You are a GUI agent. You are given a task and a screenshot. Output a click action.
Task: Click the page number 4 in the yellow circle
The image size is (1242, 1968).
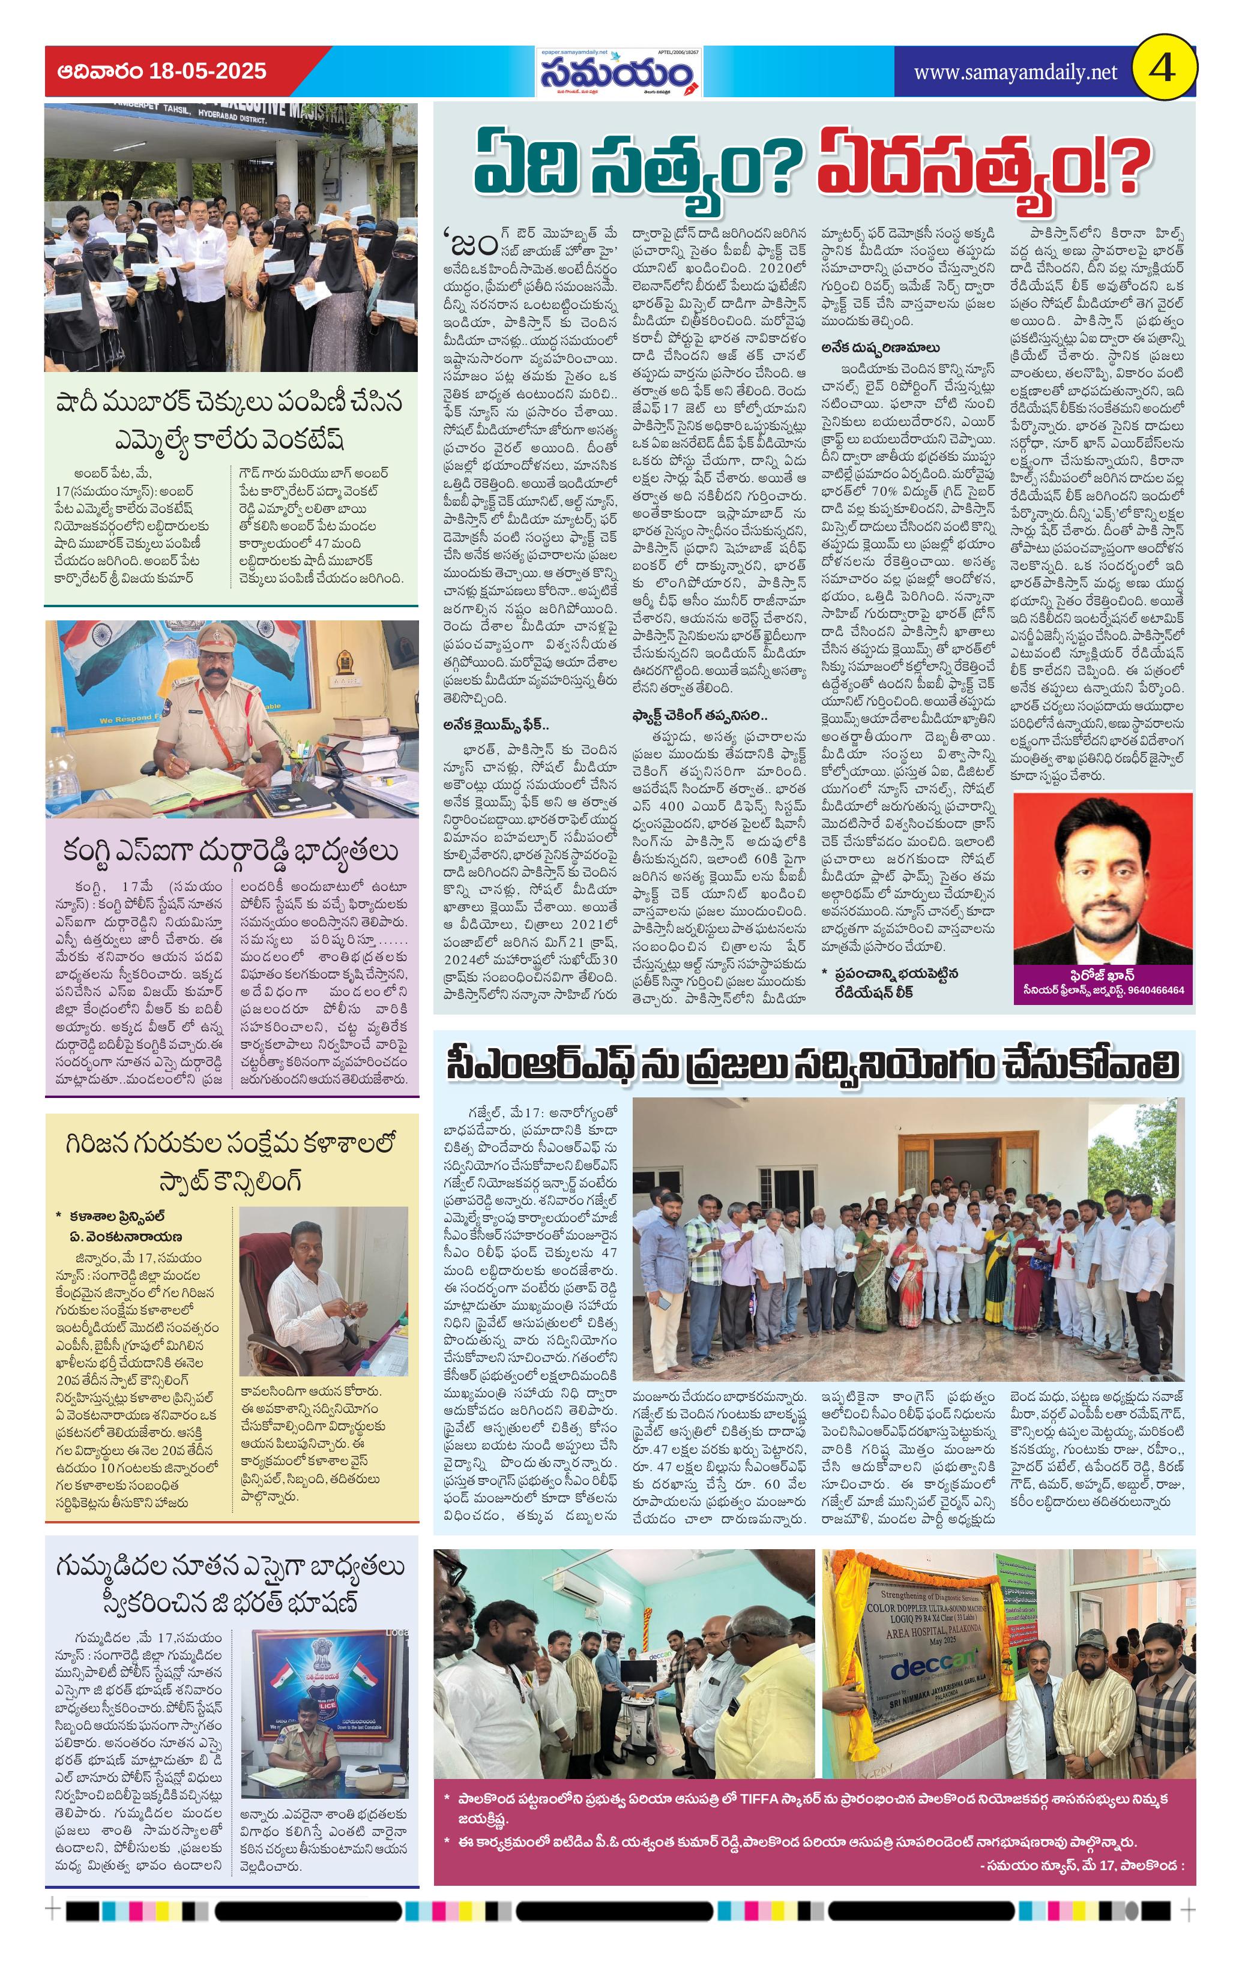tap(1163, 68)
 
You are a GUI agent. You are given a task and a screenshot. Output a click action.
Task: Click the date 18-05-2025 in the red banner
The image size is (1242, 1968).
tap(208, 71)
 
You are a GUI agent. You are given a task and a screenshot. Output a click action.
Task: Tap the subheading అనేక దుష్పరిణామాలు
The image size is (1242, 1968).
tap(881, 347)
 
